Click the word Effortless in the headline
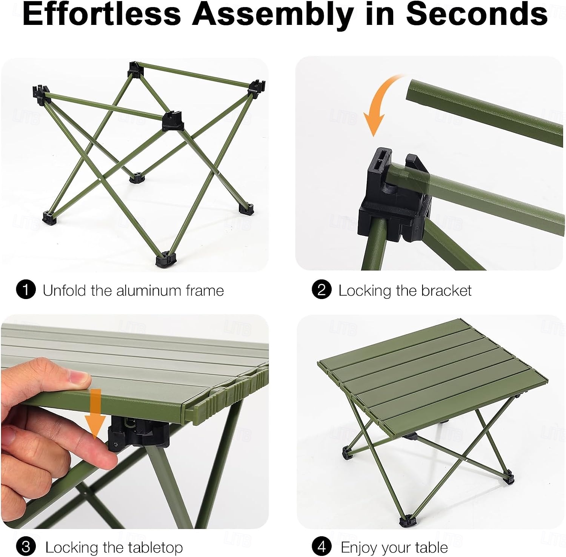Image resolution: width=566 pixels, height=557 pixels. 102,14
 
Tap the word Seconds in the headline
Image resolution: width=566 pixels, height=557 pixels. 477,14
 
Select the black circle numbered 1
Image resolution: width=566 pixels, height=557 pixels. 26,290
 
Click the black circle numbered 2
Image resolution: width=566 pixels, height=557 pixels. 322,290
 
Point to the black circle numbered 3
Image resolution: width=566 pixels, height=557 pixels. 26,546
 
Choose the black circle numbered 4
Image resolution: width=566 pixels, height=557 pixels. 322,546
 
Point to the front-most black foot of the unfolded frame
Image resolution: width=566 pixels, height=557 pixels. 166,259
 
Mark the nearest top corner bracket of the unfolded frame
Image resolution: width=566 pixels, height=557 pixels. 172,121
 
